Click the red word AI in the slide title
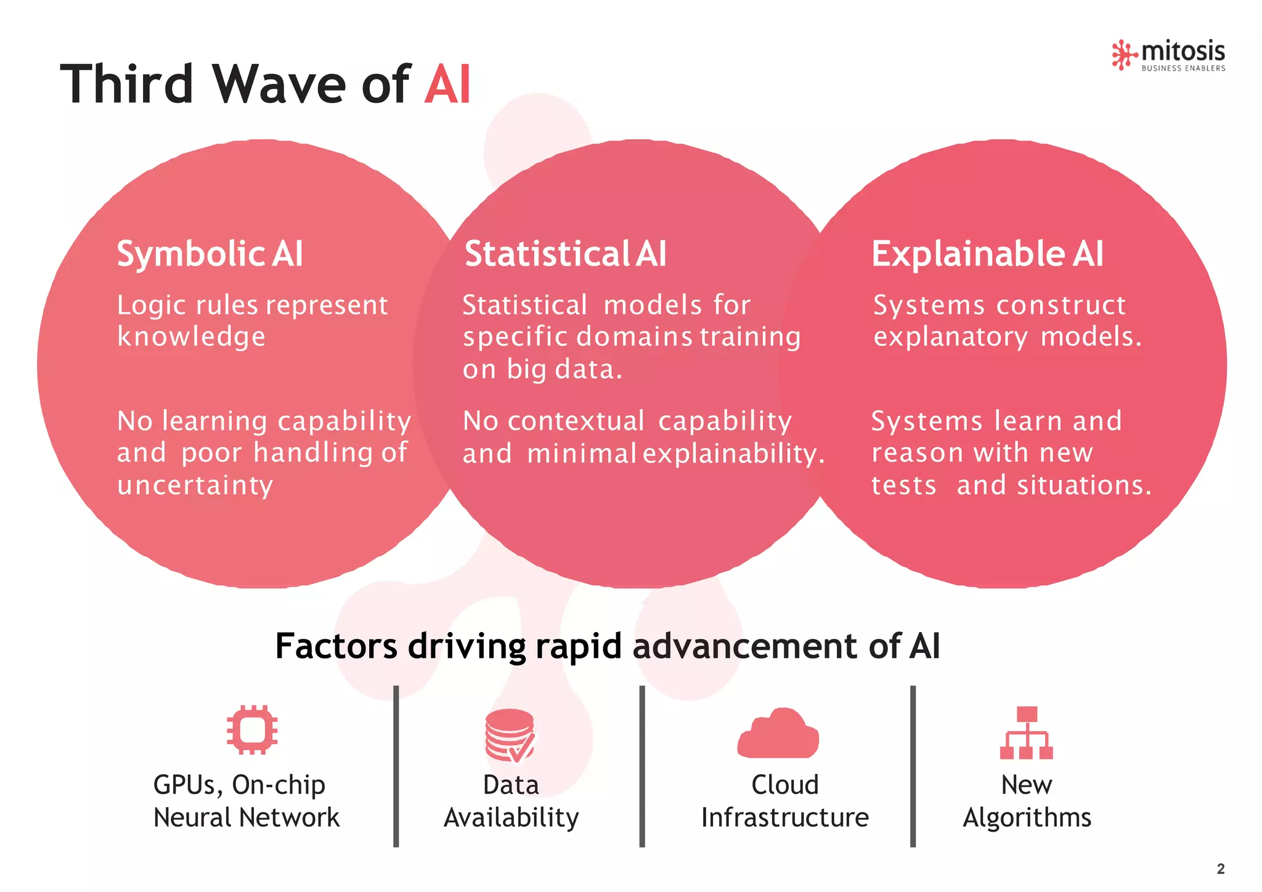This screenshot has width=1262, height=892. (447, 84)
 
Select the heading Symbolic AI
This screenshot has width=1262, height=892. (210, 254)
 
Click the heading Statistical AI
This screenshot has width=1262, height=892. (565, 254)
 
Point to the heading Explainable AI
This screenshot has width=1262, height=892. (987, 254)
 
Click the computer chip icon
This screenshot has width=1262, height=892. (251, 730)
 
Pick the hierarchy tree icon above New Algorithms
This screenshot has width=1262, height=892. (1026, 733)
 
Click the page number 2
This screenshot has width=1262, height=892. (1221, 869)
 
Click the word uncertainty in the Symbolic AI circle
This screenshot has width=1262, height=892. (195, 485)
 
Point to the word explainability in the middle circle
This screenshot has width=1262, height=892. (733, 454)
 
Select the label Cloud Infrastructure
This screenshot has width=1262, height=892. (784, 801)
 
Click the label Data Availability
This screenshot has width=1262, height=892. (511, 801)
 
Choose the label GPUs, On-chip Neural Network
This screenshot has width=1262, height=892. (246, 801)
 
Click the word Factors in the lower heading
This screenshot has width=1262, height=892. (336, 646)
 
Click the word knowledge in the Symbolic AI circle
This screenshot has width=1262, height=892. (191, 337)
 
